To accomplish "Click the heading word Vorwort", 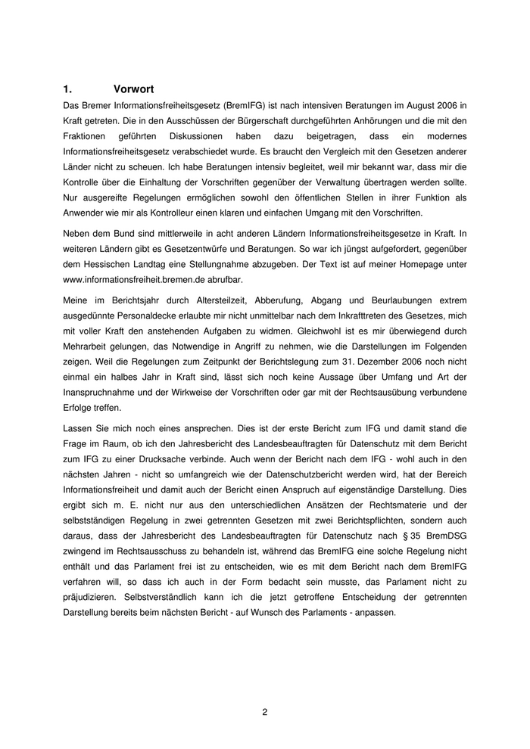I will pyautogui.click(x=133, y=89).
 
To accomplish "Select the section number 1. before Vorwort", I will pyautogui.click(x=67, y=89).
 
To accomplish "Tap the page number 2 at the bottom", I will pyautogui.click(x=265, y=711).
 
